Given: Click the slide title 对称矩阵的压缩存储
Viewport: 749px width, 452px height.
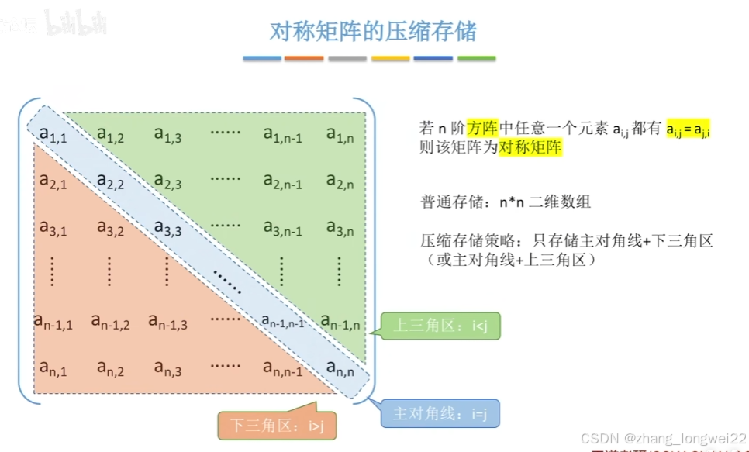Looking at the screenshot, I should coord(373,32).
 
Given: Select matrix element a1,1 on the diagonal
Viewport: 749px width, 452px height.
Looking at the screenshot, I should coord(53,135).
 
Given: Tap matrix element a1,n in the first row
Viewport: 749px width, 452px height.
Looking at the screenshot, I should coord(340,135).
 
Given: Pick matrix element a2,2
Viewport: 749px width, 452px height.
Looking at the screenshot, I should coord(111,181).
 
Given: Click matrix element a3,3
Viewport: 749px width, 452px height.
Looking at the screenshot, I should coord(167,228).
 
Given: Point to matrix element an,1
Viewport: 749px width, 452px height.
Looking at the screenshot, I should coord(53,367).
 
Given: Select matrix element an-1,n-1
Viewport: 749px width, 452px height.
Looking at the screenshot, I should coord(282,321).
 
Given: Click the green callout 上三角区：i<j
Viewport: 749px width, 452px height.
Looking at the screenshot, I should coord(440,326).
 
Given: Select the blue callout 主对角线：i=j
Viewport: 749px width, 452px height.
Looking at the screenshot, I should coord(440,413).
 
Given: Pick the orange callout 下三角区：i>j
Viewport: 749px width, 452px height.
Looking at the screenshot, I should coord(276,424).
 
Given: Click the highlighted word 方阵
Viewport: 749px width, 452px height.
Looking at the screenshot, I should coord(481,128).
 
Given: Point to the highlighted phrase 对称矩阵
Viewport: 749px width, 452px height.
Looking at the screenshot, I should coord(530,147).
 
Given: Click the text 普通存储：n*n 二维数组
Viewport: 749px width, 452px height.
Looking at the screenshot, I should coord(506,202).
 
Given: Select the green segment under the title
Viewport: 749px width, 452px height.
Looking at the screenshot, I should coord(476,58).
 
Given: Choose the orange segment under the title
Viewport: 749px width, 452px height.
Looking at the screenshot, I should coord(303,58).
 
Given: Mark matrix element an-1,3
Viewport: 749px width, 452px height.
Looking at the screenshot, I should coord(167,321).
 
